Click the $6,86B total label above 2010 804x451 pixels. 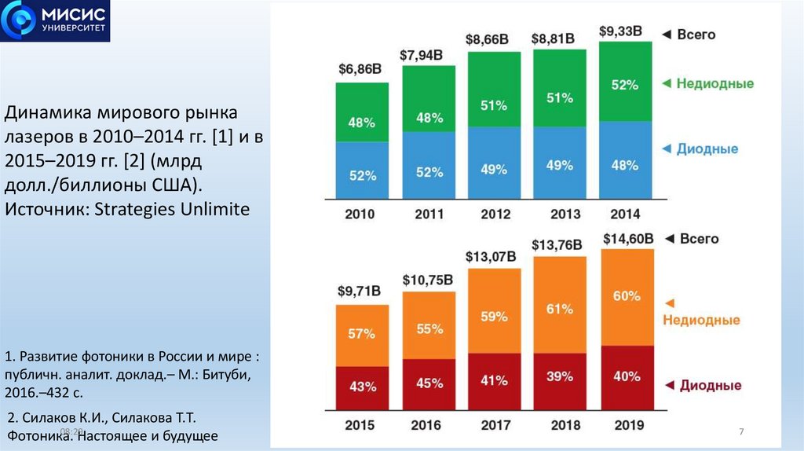point(360,68)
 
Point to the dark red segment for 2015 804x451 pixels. point(362,387)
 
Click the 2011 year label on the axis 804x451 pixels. point(428,214)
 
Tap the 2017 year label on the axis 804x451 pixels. point(494,425)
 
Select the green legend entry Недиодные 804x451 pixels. point(715,83)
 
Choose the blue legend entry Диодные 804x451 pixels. point(707,148)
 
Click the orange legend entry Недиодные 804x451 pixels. point(701,320)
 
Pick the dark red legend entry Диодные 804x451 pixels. point(711,385)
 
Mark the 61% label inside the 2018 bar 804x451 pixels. point(559,309)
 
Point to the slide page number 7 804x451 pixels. point(740,433)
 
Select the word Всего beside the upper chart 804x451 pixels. point(697,35)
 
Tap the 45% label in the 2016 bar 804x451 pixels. point(429,383)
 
